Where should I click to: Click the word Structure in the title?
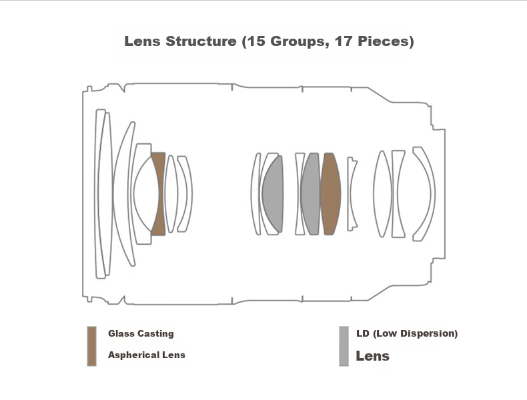coord(201,41)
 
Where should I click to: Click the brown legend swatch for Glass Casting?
coord(92,346)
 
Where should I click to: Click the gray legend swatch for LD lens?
coord(344,346)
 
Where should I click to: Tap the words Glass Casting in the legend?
coord(141,333)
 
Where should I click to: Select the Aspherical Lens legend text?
coord(147,355)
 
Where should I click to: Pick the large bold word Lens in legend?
coord(372,356)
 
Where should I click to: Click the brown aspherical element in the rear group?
coord(331,194)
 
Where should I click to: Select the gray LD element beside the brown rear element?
coord(311,194)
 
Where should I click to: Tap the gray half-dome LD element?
coord(273,194)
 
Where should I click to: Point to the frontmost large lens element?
coord(100,194)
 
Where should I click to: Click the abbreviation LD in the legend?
coord(363,333)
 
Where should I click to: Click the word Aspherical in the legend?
coord(133,355)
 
